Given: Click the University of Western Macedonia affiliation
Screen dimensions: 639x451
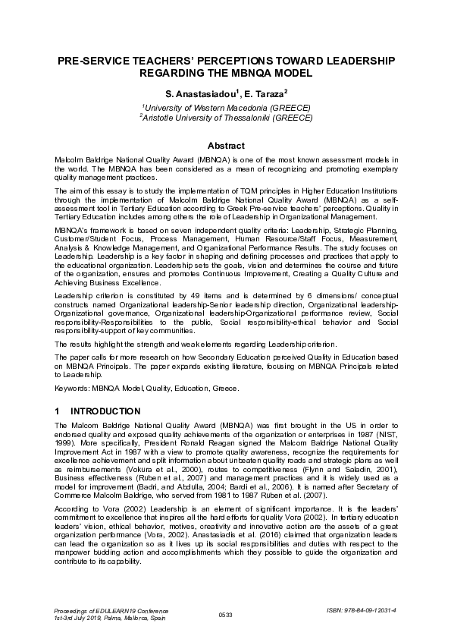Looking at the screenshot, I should (x=226, y=108).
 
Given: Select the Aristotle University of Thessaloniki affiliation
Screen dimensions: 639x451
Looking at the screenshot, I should (x=226, y=118).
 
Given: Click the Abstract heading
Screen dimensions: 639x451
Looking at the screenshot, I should (x=226, y=146).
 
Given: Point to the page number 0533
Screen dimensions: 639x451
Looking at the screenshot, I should (x=225, y=614).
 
